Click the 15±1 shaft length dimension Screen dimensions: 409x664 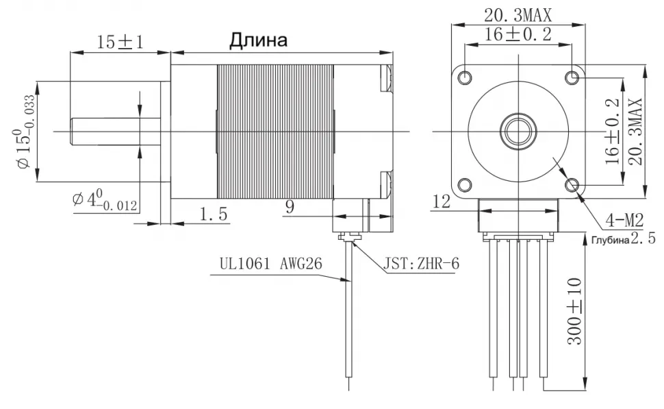point(119,42)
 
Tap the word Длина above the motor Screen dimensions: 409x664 point(258,40)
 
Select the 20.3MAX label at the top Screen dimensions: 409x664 point(518,14)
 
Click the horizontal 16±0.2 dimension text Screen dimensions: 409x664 point(518,34)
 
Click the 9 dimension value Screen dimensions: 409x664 point(290,206)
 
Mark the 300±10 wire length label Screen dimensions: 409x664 point(575,311)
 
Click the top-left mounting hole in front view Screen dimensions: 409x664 point(465,76)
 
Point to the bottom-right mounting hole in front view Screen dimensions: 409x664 point(573,184)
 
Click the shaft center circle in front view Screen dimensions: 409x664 point(519,129)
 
